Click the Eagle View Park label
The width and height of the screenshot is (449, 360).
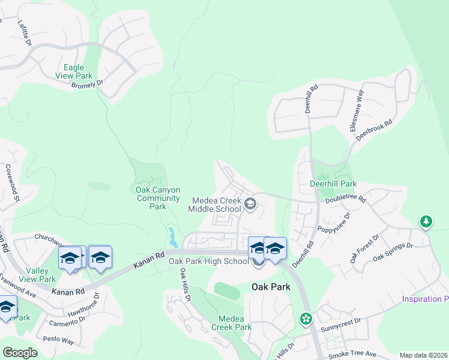click(74, 72)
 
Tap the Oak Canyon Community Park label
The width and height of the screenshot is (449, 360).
click(158, 198)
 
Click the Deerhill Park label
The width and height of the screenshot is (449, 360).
click(333, 184)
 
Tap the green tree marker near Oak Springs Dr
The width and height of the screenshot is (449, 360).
click(426, 222)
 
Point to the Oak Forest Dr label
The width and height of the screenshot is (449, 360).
click(364, 249)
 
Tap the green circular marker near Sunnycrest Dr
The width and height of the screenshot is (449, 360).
click(307, 319)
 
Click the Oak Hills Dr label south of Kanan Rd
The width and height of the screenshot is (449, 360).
click(185, 285)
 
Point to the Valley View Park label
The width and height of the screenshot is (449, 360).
click(37, 275)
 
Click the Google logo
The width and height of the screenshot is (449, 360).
click(20, 353)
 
